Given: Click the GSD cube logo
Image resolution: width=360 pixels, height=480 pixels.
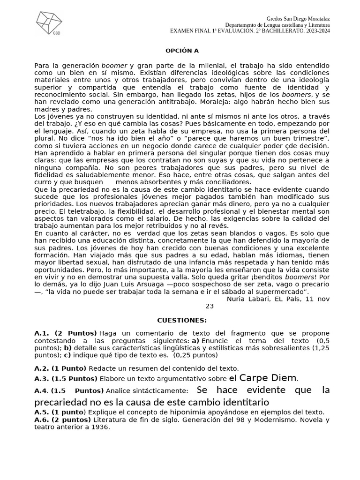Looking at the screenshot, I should click(x=49, y=22).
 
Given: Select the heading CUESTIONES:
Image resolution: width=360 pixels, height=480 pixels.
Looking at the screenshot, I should click(x=181, y=320).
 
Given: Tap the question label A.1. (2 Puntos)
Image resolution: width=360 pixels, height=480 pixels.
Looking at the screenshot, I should click(x=66, y=333).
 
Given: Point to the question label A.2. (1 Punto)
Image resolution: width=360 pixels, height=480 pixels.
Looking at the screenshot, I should click(x=60, y=368).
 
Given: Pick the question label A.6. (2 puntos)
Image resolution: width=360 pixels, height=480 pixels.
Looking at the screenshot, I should click(x=63, y=420).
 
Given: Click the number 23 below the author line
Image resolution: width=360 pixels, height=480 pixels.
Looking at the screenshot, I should click(x=210, y=306).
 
